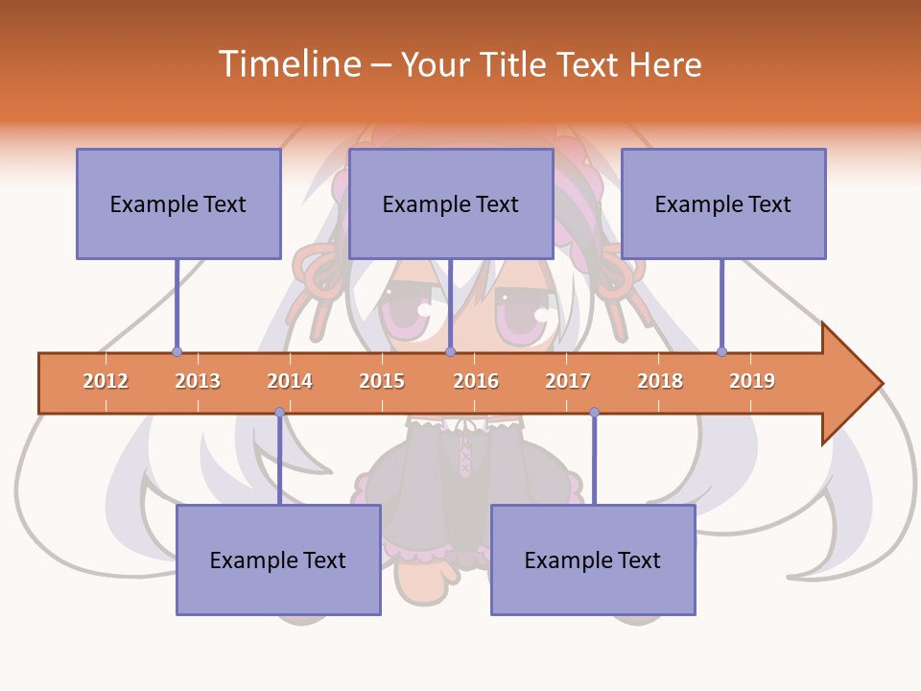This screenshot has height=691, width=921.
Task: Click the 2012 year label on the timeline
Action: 106,381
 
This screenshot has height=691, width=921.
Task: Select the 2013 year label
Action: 198,381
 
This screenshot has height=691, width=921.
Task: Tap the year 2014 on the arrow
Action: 290,381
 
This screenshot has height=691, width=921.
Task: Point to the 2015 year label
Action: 382,381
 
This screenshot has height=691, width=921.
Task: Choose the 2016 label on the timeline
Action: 476,381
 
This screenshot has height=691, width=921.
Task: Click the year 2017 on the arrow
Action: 568,381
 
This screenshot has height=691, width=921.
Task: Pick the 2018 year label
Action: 660,381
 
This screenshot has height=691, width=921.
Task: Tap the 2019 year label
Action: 752,381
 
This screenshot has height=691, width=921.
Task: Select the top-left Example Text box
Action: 178,203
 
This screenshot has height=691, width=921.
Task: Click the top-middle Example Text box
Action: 451,203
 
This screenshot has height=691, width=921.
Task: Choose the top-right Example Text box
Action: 723,203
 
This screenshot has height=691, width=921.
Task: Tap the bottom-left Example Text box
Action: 278,560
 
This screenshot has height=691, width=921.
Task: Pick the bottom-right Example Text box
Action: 593,560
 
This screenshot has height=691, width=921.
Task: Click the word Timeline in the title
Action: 289,64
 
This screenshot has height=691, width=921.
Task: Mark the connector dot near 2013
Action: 177,352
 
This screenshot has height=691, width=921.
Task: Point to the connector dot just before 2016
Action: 450,352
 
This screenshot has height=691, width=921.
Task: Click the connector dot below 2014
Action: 279,413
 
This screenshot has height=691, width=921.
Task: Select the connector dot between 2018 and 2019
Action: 721,352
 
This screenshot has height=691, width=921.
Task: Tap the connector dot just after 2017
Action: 594,413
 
